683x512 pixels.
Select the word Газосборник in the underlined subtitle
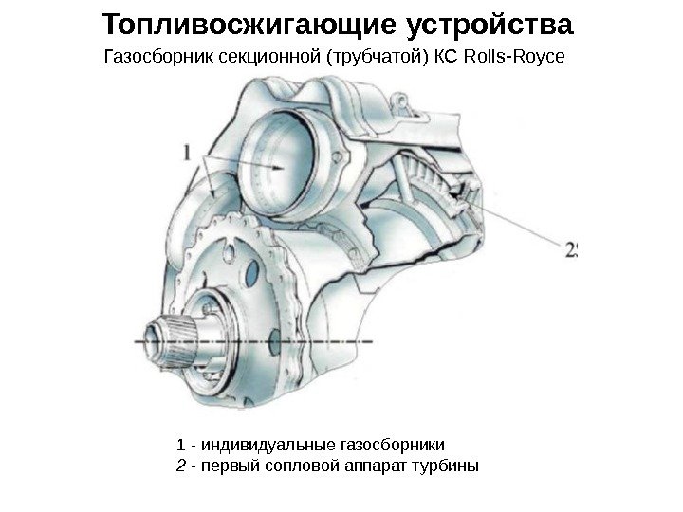(x=157, y=59)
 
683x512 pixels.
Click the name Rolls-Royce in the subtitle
(x=513, y=59)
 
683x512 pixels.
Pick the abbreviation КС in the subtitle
(x=446, y=59)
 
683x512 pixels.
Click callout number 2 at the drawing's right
(x=571, y=250)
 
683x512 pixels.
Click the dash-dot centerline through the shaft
(x=313, y=339)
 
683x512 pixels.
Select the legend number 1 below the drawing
(x=181, y=444)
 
